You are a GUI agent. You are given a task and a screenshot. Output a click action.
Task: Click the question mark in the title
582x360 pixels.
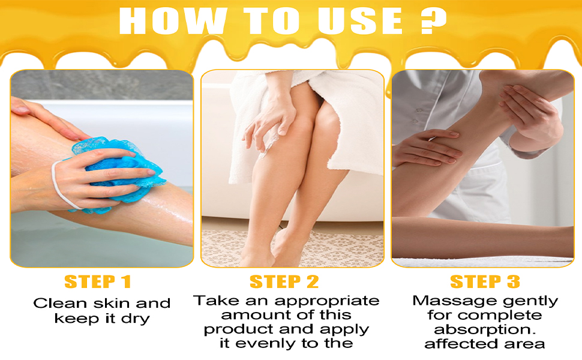point(433,21)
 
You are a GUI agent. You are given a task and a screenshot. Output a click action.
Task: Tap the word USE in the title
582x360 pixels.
point(360,21)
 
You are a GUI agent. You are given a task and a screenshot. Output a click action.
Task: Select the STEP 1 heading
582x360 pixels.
point(98,281)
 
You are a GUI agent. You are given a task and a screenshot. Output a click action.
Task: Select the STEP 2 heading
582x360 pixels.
point(284,281)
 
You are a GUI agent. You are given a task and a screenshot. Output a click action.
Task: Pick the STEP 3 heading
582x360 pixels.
point(485,281)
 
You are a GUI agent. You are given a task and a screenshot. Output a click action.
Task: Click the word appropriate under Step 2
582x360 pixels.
point(327,301)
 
